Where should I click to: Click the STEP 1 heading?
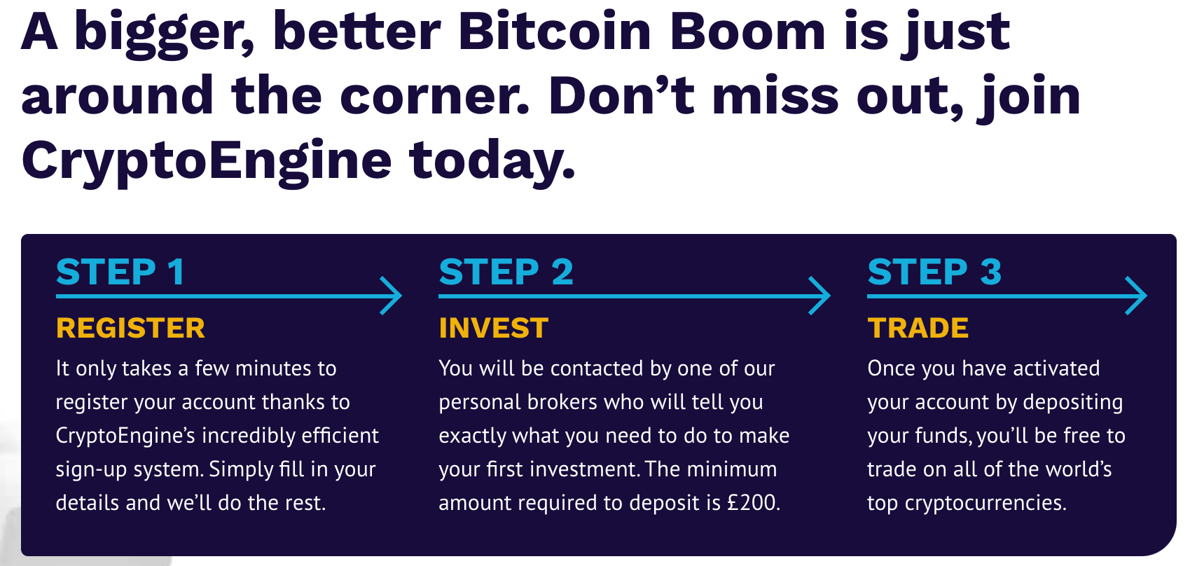coord(120,272)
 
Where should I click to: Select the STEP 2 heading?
coord(506,272)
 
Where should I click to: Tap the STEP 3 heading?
coord(934,272)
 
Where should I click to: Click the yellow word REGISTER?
coord(130,328)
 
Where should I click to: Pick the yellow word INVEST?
coord(494,328)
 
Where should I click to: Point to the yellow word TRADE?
coord(918,328)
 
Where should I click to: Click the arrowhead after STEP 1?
coord(391,296)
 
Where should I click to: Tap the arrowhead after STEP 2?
coord(819,296)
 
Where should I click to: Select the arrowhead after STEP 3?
coord(1136,296)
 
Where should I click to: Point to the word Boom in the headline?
coord(747,32)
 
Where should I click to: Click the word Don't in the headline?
coord(621,96)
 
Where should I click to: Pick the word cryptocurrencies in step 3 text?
coord(986,503)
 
